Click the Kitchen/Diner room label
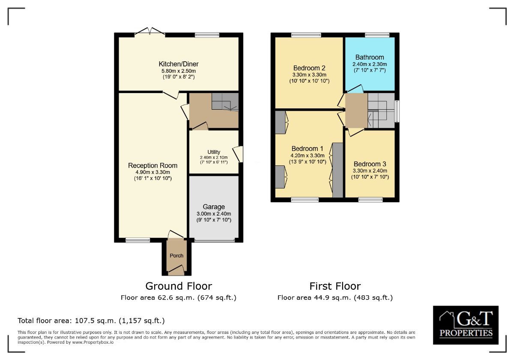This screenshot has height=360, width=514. coord(178,64)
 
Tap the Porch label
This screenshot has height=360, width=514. coord(176,255)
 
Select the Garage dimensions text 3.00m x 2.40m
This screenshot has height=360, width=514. coord(214,214)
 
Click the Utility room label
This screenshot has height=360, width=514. coord(214,152)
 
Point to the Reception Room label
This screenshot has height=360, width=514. coord(152,165)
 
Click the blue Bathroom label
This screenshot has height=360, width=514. coord(370,57)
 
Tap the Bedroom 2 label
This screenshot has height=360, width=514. coord(309,68)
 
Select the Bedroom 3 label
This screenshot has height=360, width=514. coord(370,164)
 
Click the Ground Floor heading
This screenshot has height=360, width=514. coord(179,286)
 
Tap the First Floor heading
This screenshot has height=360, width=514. coord(335,286)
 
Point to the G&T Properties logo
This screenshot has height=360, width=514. coord(466,325)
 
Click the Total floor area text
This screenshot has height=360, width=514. coord(91,321)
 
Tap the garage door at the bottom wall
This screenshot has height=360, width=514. coord(214,240)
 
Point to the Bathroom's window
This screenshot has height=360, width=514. coord(377,35)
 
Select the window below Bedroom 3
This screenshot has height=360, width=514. coord(370,199)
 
